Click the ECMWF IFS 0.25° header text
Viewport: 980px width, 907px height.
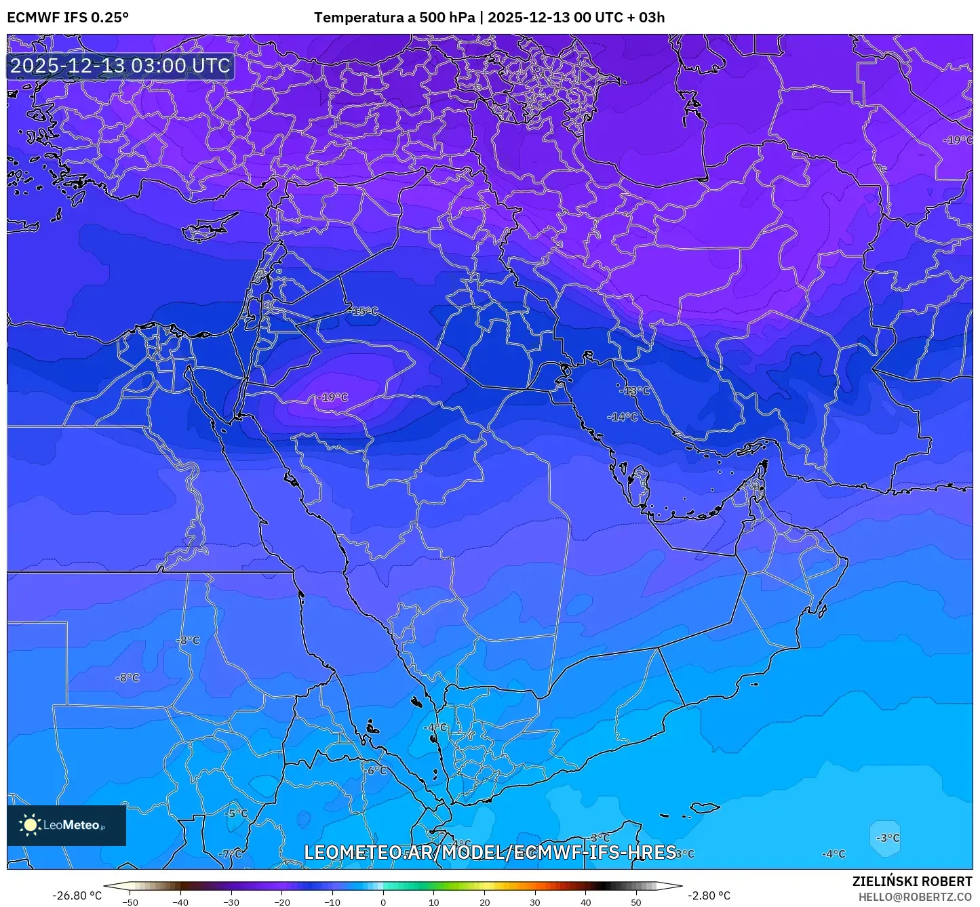pyautogui.click(x=68, y=18)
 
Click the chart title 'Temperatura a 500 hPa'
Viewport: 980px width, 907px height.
pyautogui.click(x=394, y=18)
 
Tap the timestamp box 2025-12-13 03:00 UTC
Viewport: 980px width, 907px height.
pyautogui.click(x=120, y=66)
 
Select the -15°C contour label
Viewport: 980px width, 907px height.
pyautogui.click(x=365, y=311)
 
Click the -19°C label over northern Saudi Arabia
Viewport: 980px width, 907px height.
pyautogui.click(x=333, y=397)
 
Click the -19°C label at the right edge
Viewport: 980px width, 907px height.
pyautogui.click(x=958, y=140)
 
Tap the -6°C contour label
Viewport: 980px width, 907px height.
pyautogui.click(x=375, y=771)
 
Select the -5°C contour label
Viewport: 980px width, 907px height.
pyautogui.click(x=237, y=813)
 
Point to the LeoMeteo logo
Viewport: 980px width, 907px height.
pyautogui.click(x=66, y=825)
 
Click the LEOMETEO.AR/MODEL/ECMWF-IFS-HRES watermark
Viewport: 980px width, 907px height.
pyautogui.click(x=490, y=852)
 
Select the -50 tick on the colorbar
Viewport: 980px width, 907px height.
pyautogui.click(x=130, y=902)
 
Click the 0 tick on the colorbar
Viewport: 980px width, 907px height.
pyautogui.click(x=383, y=902)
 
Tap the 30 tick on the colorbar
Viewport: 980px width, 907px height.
pyautogui.click(x=535, y=902)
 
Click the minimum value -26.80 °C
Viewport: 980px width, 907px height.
pyautogui.click(x=77, y=895)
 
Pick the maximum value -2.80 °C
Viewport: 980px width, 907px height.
pyautogui.click(x=709, y=895)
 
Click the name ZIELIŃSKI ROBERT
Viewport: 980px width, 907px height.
pyautogui.click(x=912, y=881)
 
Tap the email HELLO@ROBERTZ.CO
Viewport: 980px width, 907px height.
pyautogui.click(x=915, y=897)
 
